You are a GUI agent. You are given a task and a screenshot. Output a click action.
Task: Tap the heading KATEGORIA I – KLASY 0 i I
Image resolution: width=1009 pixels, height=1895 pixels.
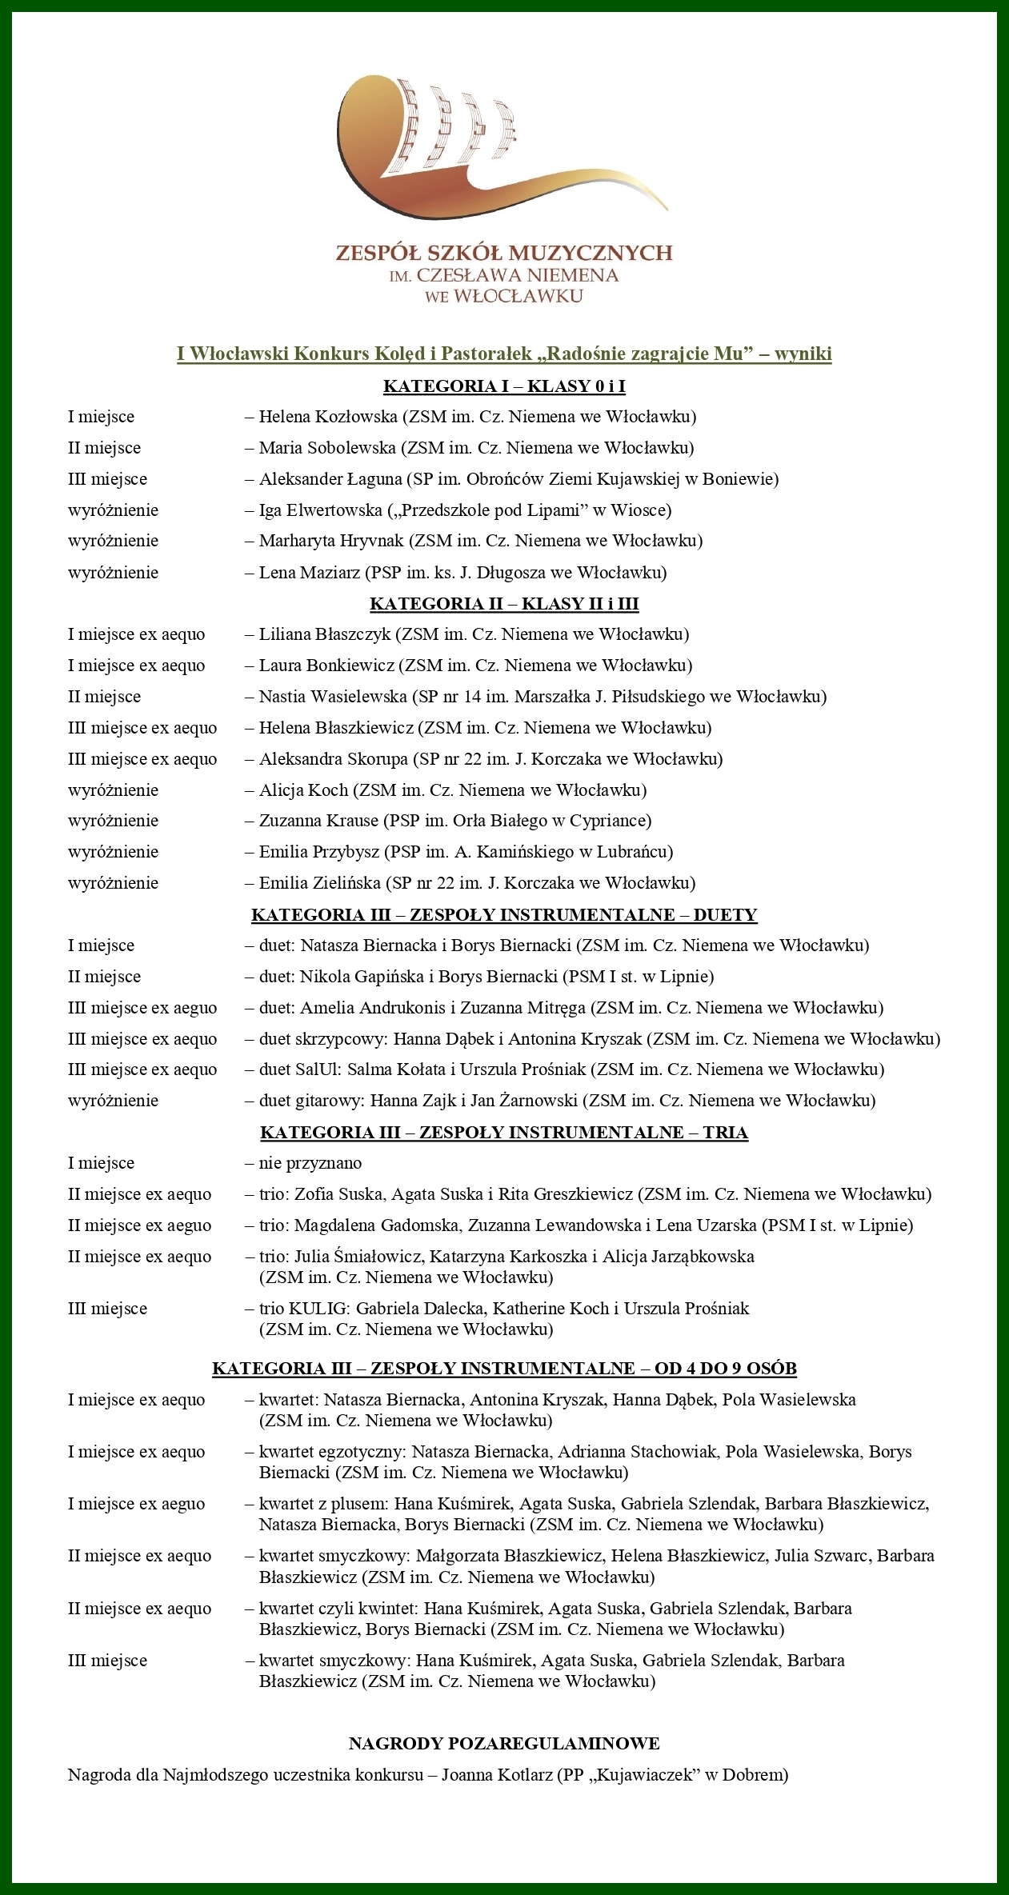tap(504, 386)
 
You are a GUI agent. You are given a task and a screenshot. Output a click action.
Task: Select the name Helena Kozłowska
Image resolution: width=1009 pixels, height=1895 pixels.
tap(328, 417)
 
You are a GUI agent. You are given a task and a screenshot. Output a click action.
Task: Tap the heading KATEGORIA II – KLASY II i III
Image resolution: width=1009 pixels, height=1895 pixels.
tap(504, 604)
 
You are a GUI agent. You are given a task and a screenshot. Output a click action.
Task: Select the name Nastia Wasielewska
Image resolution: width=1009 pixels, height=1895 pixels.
tap(333, 697)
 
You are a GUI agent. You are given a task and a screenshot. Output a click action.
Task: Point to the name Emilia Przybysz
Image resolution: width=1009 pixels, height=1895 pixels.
tap(318, 852)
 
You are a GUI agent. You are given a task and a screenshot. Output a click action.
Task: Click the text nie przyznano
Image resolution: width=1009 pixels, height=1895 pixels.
tap(310, 1163)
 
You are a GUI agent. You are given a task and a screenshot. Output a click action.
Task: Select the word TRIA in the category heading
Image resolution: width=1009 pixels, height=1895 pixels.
tap(725, 1133)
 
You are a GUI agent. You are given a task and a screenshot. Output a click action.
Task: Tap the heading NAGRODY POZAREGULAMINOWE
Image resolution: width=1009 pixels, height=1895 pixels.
tap(504, 1744)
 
